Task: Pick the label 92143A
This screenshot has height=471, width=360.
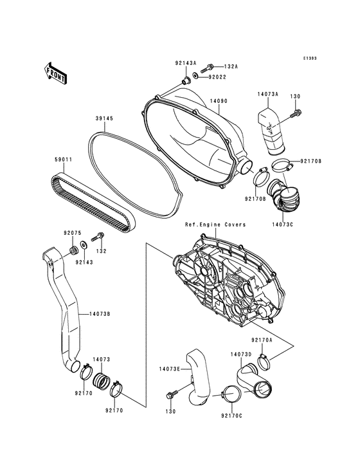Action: click(x=185, y=64)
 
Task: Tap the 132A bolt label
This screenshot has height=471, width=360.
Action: click(x=231, y=67)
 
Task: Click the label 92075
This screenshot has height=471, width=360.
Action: click(x=72, y=233)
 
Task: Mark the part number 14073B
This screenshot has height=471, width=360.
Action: click(x=100, y=314)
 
